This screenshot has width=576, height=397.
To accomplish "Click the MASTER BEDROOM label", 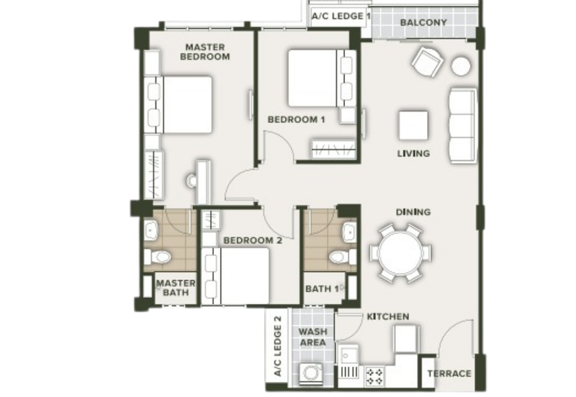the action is [205, 52].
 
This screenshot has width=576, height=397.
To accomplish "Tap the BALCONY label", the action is [423, 22].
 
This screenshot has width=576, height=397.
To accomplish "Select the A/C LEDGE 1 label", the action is [341, 16].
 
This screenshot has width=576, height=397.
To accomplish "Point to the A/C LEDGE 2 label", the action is [278, 346].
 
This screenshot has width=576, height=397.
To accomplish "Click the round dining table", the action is [400, 253].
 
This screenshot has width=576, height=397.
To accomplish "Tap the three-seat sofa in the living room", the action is [463, 125].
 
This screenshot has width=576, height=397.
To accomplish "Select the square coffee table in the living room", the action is [413, 125].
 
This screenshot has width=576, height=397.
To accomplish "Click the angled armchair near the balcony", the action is [427, 62].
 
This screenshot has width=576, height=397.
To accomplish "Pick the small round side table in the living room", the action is [461, 66].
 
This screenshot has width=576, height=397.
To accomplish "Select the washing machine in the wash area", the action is [311, 373].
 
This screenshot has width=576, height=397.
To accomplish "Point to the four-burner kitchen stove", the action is [374, 376].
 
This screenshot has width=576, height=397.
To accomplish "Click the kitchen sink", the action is [348, 355].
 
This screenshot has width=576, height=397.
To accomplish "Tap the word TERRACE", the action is [449, 373].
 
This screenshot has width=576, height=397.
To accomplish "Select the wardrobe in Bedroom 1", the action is [333, 149].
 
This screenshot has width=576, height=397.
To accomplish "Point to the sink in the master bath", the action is [151, 230].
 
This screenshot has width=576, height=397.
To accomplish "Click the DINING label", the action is [413, 212].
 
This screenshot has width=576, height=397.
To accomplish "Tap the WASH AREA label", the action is [312, 337].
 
